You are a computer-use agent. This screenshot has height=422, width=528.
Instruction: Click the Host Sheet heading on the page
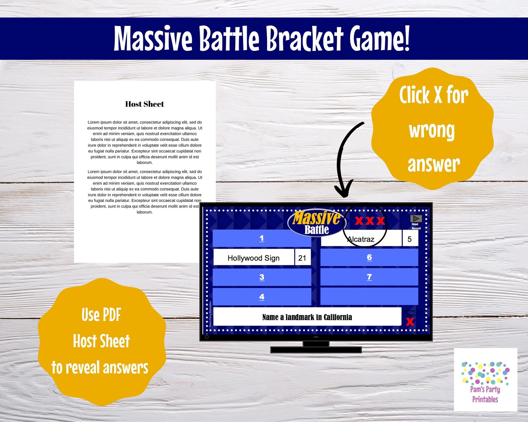pos(145,104)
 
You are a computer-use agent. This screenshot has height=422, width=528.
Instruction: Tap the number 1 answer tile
pos(262,238)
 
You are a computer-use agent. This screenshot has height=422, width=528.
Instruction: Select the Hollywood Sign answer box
pos(253,258)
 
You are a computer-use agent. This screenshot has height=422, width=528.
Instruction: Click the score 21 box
pos(302,258)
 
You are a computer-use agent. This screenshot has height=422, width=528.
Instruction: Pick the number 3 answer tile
pos(262,277)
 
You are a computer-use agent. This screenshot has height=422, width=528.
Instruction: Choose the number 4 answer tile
pos(262,297)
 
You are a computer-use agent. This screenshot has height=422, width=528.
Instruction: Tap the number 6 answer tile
pos(369,257)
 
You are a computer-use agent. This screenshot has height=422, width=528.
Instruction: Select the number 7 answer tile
pos(369,277)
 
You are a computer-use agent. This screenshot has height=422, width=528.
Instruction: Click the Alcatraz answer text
pos(361,239)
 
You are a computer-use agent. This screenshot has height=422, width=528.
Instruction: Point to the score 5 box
pos(410,239)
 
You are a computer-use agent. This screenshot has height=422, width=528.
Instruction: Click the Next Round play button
pos(416,219)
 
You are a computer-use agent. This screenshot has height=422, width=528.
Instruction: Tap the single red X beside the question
pos(410,321)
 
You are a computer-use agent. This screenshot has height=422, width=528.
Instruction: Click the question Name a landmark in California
pos(307,317)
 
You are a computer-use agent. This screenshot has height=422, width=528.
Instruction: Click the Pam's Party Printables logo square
pos(485,380)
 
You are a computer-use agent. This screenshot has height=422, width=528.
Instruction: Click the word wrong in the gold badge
pos(432,130)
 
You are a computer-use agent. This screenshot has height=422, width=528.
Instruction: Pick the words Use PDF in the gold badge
pos(101,315)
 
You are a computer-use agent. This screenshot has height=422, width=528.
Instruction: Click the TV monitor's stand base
pos(316,350)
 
